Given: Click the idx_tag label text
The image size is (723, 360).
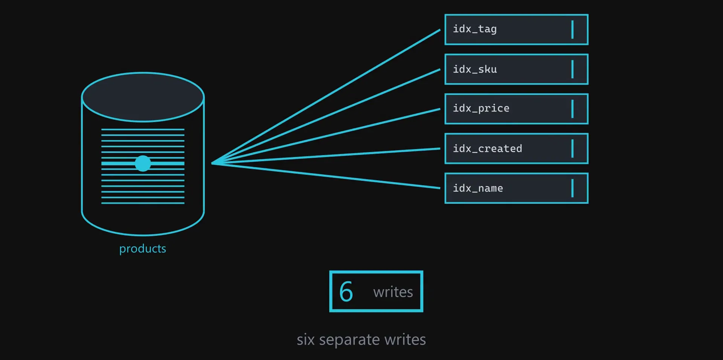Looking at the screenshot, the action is click(x=474, y=29).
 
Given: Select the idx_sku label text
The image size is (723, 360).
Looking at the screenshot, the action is click(x=475, y=69).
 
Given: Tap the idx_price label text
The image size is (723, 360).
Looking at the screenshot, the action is click(x=481, y=108).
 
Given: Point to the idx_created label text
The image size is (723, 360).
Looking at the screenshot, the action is click(x=487, y=148).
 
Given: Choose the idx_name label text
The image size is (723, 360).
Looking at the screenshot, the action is click(x=478, y=188).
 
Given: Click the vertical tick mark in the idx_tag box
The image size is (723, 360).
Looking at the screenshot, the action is click(x=572, y=29).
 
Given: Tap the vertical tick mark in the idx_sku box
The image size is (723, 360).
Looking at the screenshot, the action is click(x=572, y=69).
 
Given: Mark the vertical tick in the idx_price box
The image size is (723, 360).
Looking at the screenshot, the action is click(x=572, y=109).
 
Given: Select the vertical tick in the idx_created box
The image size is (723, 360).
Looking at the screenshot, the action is click(x=572, y=148).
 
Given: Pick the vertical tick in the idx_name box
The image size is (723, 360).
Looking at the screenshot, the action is click(x=572, y=188).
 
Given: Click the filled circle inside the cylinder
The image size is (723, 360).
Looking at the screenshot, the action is click(x=143, y=163).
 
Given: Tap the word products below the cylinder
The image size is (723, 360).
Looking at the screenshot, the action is click(x=143, y=249).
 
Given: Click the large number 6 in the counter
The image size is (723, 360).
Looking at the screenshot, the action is click(x=346, y=292).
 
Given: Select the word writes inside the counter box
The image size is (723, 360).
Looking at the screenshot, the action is click(x=393, y=292).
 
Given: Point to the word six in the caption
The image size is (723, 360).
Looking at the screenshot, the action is click(x=305, y=340).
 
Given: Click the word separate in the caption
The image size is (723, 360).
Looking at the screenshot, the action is click(x=349, y=340).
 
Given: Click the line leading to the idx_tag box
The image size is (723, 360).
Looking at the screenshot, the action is click(x=326, y=96).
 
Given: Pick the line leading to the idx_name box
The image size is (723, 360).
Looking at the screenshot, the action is click(x=326, y=175).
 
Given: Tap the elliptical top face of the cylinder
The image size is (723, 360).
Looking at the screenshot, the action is click(x=143, y=97).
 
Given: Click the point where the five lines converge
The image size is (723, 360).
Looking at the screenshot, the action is click(x=212, y=163).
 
